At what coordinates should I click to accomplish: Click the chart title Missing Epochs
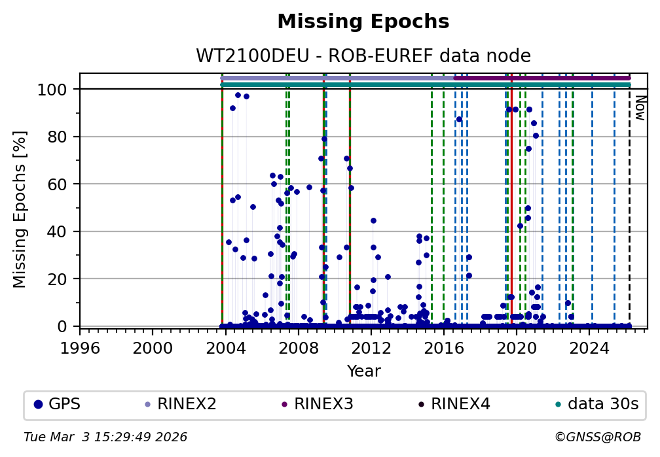pos(363,22)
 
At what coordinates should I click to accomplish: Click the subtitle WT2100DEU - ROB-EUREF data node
pos(363,56)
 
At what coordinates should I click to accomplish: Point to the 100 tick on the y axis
pos(52,89)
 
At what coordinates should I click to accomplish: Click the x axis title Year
pos(363,371)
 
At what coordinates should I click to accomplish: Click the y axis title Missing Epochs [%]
pos(20,207)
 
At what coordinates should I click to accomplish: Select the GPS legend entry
pos(57,404)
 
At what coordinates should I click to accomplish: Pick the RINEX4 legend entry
pos(454,404)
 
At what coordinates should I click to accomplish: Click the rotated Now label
pos(640,108)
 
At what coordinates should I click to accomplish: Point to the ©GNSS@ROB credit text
pos(597,437)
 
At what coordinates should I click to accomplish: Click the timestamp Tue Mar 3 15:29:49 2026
pos(105,437)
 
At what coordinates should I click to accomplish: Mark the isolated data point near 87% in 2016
pos(459,119)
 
